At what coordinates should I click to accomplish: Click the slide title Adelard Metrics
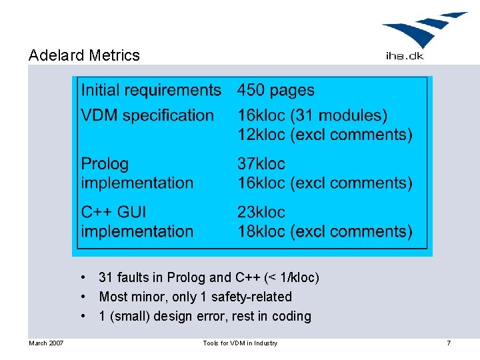[84, 55]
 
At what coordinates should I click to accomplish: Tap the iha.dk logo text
[404, 55]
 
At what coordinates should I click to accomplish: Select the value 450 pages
[276, 90]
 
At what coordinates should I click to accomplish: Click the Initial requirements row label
[151, 90]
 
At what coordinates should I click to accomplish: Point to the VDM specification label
[147, 115]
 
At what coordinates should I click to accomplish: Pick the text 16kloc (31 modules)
[312, 115]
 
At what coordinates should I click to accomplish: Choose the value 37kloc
[261, 163]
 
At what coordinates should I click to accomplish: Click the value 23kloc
[261, 212]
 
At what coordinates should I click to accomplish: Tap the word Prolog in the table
[105, 163]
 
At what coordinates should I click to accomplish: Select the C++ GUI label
[113, 212]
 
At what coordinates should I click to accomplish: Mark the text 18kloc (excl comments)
[325, 231]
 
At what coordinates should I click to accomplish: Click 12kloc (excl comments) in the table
[325, 134]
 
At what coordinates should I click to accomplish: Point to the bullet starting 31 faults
[209, 277]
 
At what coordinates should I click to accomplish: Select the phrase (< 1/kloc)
[291, 277]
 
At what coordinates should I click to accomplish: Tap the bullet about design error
[205, 316]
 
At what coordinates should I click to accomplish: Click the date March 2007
[46, 343]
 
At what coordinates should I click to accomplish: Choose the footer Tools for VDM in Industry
[240, 343]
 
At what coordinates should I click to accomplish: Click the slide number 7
[449, 343]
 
